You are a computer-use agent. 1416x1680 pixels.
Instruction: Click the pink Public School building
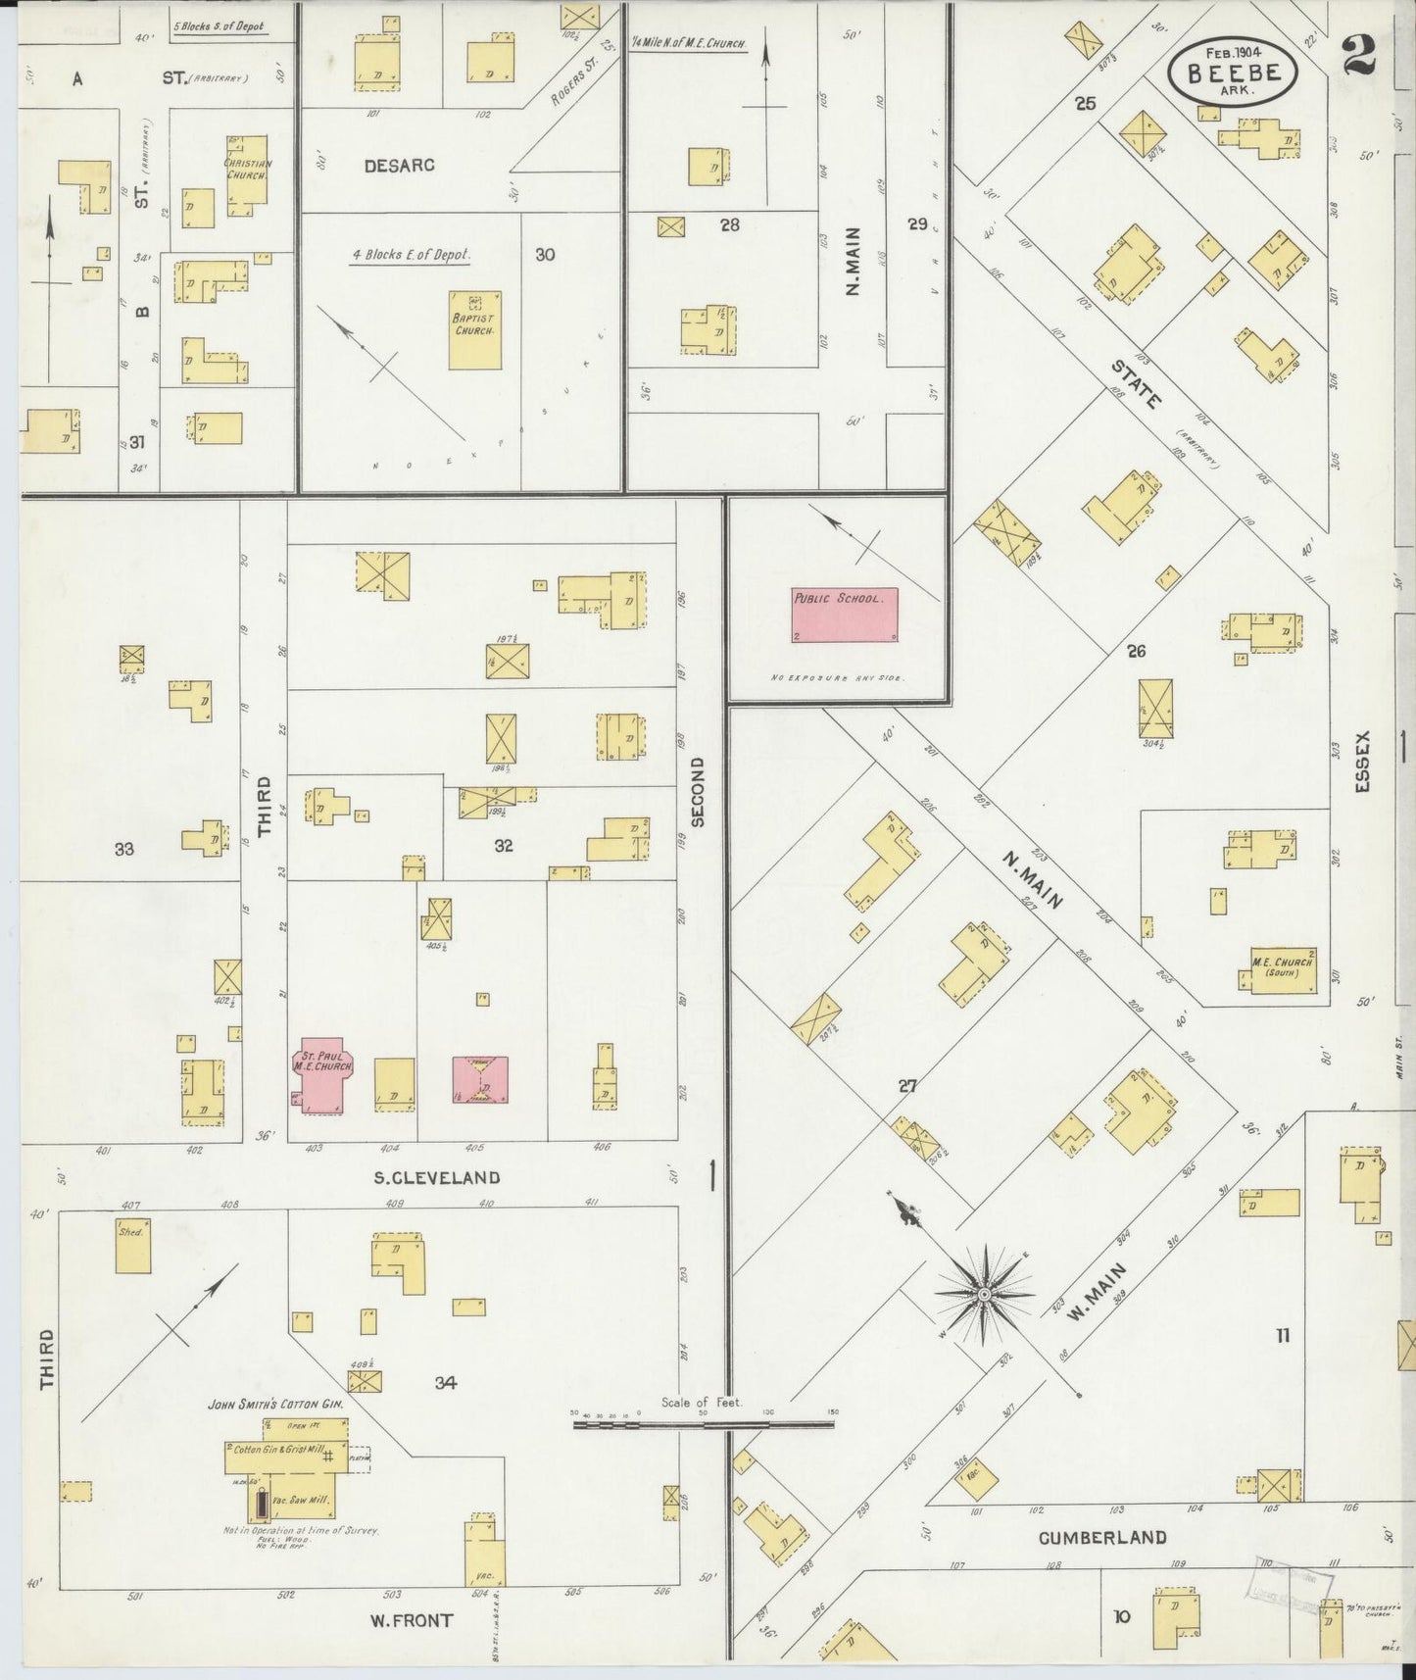click(x=845, y=615)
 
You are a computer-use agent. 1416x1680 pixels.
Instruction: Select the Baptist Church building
click(x=475, y=329)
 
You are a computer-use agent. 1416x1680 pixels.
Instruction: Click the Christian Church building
click(x=247, y=175)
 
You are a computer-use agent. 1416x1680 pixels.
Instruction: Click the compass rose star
click(x=983, y=1295)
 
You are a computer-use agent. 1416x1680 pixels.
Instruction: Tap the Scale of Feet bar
click(x=704, y=1424)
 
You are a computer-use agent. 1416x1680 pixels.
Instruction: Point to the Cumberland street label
click(x=1102, y=1538)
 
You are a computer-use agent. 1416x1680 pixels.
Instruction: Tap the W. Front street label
click(x=411, y=1620)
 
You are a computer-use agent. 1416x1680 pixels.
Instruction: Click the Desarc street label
click(x=399, y=165)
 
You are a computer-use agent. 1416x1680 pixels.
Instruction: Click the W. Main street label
click(x=1096, y=1291)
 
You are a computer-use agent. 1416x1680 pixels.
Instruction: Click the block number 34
click(x=446, y=1383)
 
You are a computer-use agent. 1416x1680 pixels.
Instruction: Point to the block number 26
click(x=1136, y=650)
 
